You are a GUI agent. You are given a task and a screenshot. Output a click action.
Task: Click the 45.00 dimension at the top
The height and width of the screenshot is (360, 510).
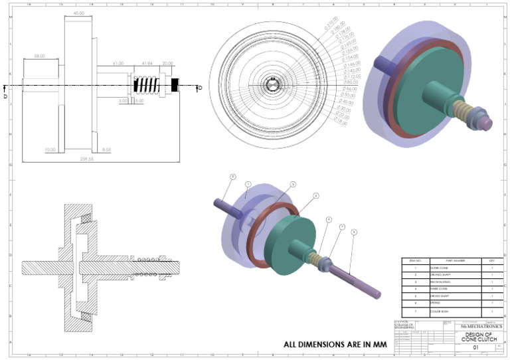pyautogui.click(x=78, y=13)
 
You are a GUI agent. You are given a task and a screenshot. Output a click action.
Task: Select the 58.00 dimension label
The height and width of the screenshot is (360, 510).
pyautogui.click(x=40, y=56)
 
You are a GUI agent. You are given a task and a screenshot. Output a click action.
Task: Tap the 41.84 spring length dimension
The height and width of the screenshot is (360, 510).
pyautogui.click(x=147, y=64)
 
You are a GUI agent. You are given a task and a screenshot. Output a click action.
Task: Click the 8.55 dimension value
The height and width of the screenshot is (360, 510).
pyautogui.click(x=106, y=150)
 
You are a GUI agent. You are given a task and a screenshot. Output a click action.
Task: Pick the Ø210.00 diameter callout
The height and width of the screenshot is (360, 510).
pyautogui.click(x=330, y=25)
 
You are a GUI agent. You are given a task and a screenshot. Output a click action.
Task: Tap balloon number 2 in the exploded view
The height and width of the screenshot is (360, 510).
pyautogui.click(x=232, y=177)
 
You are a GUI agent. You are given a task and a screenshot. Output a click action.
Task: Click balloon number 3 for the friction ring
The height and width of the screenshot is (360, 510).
pyautogui.click(x=293, y=183)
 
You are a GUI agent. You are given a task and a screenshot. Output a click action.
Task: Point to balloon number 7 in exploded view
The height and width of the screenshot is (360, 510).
pyautogui.click(x=342, y=226)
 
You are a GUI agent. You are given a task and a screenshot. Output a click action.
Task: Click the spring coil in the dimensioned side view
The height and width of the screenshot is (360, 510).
pyautogui.click(x=147, y=85)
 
